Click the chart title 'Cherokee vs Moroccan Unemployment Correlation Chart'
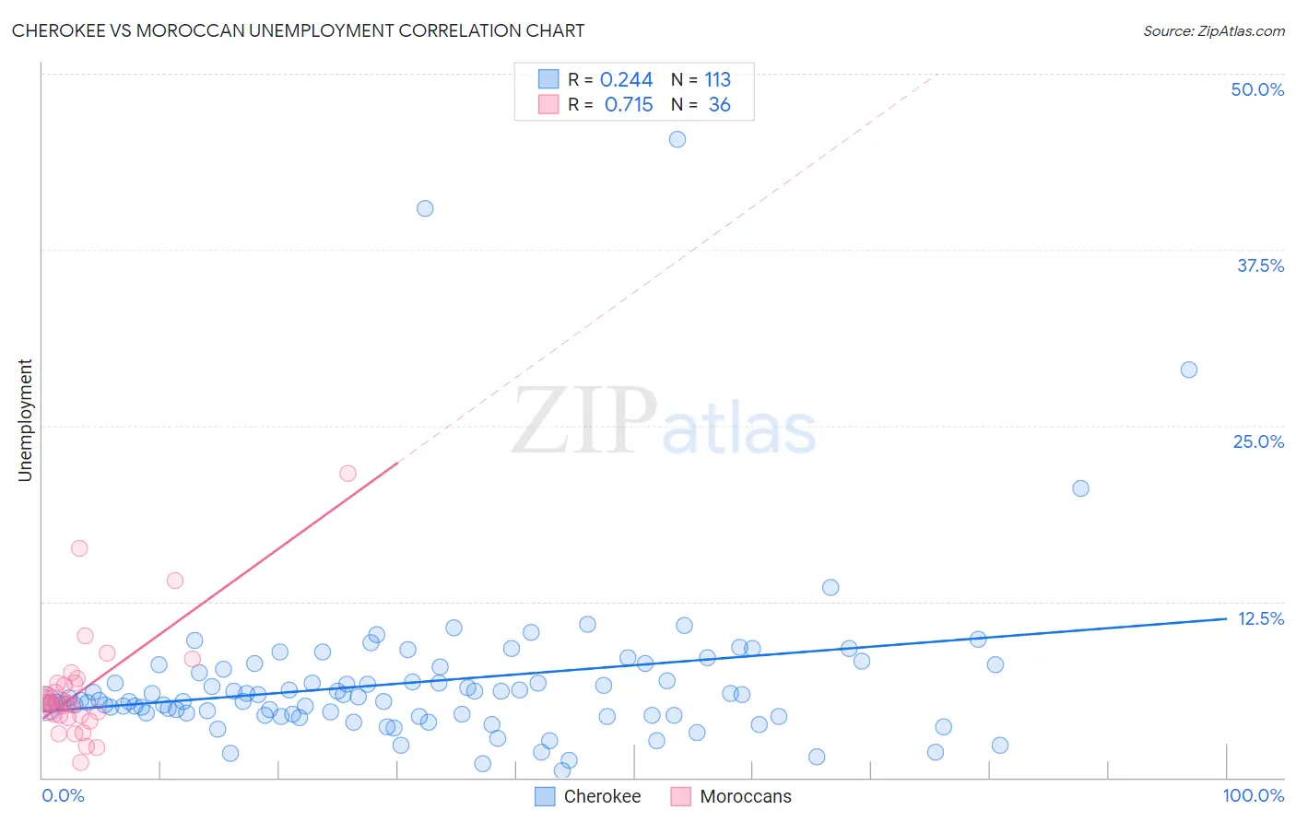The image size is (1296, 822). click(x=298, y=30)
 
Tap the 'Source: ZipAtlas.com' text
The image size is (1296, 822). click(x=1213, y=31)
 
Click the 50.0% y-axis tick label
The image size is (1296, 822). click(x=1257, y=89)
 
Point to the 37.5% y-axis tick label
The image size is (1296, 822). click(x=1260, y=265)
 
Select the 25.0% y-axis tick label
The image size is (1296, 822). click(x=1258, y=441)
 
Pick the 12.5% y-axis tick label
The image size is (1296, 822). click(x=1260, y=618)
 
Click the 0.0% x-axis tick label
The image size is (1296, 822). click(x=63, y=795)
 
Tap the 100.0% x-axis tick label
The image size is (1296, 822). click(x=1253, y=795)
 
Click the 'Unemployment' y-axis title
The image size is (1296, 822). click(x=25, y=420)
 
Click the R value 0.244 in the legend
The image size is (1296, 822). click(x=626, y=80)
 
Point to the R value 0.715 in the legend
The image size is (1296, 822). click(x=629, y=105)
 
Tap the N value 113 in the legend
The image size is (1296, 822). click(x=717, y=80)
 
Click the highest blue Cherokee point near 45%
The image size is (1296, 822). click(x=677, y=139)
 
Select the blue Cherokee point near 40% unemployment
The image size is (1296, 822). click(x=425, y=208)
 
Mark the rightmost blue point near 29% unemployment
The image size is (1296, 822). click(x=1189, y=370)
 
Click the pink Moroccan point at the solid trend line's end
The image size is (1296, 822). click(x=348, y=474)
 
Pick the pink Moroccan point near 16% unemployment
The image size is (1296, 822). click(x=79, y=548)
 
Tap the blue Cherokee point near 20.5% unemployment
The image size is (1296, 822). click(x=1080, y=488)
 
